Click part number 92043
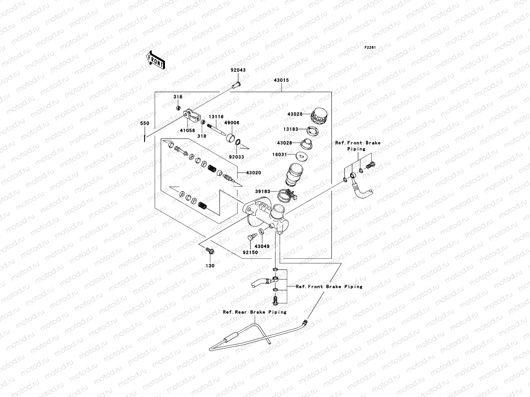238,70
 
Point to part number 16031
279,154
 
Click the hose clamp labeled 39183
286,195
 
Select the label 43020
253,173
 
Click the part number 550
145,123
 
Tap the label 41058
187,130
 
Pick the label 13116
216,117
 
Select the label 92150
250,252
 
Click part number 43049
262,246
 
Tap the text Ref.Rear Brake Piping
254,312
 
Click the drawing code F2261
370,48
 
